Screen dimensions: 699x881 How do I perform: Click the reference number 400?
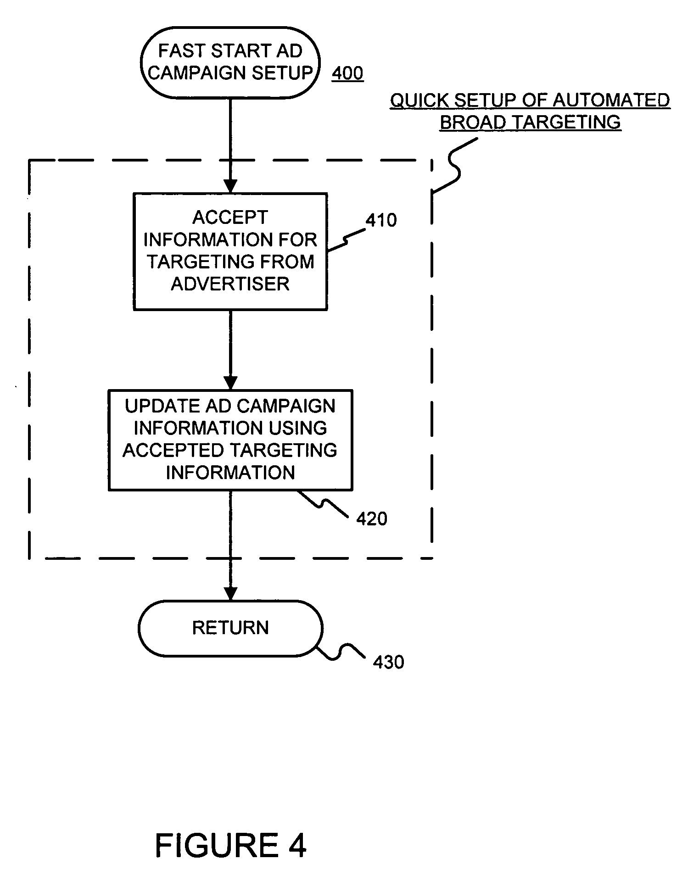click(347, 73)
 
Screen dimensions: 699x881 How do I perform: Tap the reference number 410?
click(381, 220)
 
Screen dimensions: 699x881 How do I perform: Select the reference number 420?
click(372, 519)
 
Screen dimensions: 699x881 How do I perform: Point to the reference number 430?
click(388, 662)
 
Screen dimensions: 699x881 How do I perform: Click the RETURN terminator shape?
click(230, 628)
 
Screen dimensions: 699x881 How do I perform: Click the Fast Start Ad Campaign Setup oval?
click(230, 62)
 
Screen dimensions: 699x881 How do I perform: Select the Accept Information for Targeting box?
click(230, 252)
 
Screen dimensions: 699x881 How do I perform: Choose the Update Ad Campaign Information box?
click(230, 440)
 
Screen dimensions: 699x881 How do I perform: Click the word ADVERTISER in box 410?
click(230, 284)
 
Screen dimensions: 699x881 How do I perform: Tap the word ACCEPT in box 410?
click(230, 217)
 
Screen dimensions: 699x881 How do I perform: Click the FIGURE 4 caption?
click(231, 845)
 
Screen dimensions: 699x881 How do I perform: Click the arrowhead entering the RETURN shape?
click(230, 594)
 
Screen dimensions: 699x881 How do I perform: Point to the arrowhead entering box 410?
click(230, 186)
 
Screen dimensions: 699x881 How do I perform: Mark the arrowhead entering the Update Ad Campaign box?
click(230, 383)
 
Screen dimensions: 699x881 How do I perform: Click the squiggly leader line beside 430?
click(342, 652)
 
